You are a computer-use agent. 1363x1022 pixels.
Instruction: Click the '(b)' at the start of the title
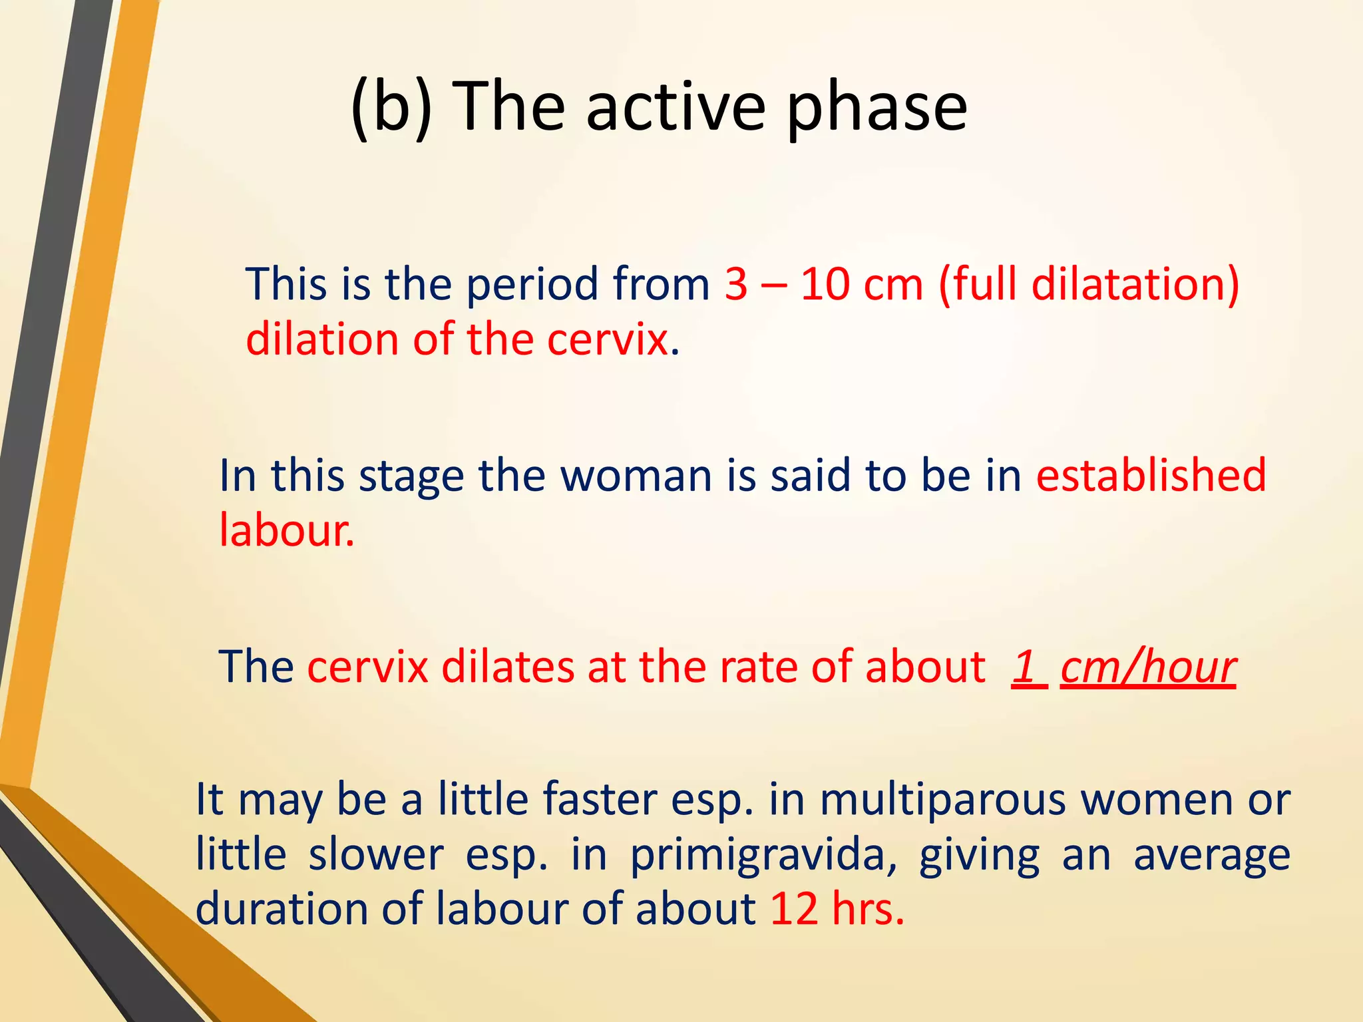[x=391, y=106]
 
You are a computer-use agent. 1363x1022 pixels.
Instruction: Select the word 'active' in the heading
[x=675, y=106]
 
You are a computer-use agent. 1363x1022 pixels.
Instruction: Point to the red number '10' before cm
[x=824, y=285]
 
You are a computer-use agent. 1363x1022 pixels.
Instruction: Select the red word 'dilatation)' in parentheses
[x=1135, y=285]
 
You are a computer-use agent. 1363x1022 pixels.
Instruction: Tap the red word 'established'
[x=1151, y=476]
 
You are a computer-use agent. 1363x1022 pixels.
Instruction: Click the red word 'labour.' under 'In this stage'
[x=287, y=530]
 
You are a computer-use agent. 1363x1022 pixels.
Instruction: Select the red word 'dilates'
[x=507, y=667]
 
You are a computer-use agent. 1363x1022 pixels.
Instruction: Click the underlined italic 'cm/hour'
[x=1147, y=667]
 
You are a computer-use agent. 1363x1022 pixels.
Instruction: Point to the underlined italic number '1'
[x=1025, y=667]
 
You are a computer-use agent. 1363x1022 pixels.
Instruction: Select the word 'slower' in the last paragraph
[x=375, y=854]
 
